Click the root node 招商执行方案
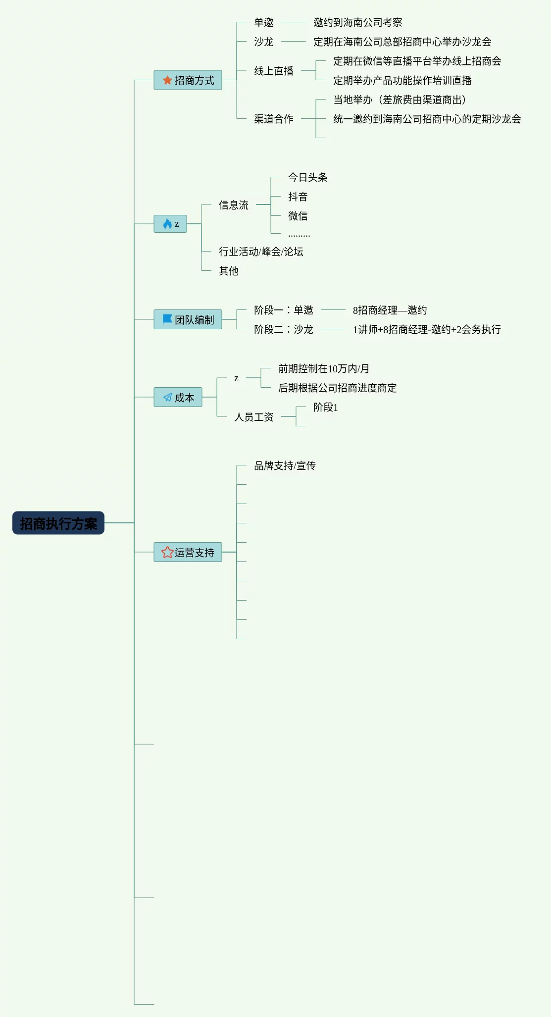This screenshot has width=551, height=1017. click(58, 523)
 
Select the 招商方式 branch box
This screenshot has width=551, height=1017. click(188, 80)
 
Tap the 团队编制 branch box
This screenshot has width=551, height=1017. click(188, 319)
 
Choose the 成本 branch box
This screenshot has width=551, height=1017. click(178, 397)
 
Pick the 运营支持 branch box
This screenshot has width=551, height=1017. click(188, 552)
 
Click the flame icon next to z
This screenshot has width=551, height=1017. click(167, 224)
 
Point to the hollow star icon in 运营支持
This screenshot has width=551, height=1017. click(167, 552)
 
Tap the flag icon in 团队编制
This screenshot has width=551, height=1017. click(167, 319)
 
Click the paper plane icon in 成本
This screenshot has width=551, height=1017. click(167, 397)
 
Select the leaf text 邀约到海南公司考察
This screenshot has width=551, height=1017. click(357, 22)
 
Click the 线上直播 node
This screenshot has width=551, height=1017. click(273, 71)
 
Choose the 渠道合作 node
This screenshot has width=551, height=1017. click(273, 119)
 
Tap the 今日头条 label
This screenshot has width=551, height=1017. click(307, 177)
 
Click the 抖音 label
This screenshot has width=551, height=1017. click(298, 197)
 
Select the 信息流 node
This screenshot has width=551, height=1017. click(233, 205)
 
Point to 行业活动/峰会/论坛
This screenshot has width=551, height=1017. click(261, 252)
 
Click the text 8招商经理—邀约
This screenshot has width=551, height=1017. click(390, 310)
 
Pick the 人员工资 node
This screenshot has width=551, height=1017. click(253, 417)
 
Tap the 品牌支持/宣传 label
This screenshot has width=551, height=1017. click(285, 465)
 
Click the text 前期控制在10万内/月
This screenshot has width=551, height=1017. click(324, 368)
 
